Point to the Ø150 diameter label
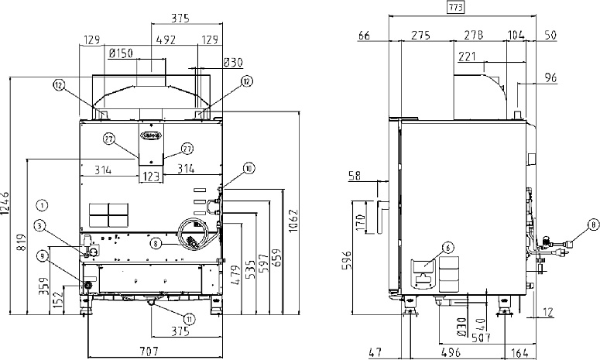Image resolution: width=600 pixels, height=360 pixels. coord(122,53)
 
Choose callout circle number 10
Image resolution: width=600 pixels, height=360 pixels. coord(248,167)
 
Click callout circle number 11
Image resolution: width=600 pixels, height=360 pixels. coord(190,317)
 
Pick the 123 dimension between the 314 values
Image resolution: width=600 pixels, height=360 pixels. coord(151,177)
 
